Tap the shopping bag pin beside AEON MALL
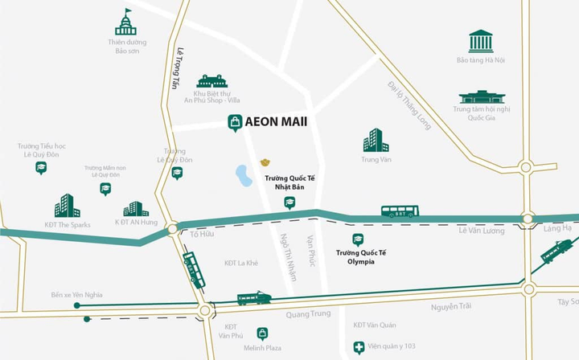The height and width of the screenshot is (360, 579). (235, 123)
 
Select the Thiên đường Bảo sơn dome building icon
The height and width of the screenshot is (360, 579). (126, 23)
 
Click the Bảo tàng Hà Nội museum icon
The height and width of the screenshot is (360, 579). (481, 41)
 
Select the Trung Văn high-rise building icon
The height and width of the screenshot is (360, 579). (376, 141)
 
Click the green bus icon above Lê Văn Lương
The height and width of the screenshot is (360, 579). (400, 211)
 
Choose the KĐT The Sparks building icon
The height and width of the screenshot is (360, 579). (67, 206)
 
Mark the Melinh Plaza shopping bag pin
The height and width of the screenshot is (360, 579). (262, 333)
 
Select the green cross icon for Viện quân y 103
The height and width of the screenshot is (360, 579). (358, 347)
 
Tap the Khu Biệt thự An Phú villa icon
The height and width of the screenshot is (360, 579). (212, 81)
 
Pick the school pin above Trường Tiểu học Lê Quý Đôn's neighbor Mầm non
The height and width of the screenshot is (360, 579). (105, 188)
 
